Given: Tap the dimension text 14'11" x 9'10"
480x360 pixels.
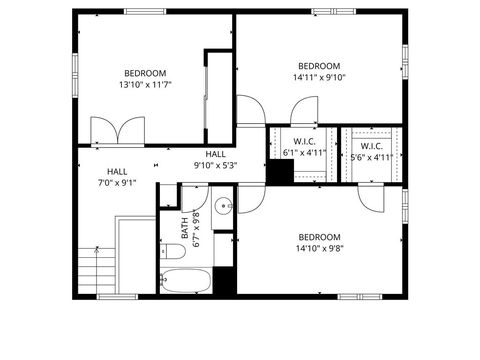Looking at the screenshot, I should (x=319, y=77).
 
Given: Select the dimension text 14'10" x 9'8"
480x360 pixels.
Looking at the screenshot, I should (x=319, y=250).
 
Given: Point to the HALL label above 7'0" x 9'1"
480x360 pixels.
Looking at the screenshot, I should (x=117, y=171).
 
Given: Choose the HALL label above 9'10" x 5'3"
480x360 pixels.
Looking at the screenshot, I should (x=216, y=154).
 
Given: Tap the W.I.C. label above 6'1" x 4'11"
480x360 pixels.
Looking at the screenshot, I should (x=304, y=142).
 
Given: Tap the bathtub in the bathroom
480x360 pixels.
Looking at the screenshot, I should (x=188, y=281).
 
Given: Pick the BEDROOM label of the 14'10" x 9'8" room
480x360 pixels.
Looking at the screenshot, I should (x=319, y=237).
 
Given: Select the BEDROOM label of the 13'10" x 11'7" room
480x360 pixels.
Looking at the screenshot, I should (x=145, y=73).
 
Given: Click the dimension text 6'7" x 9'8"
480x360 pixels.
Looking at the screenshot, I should (x=197, y=228).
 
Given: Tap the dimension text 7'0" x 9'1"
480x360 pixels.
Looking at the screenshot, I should (x=117, y=183).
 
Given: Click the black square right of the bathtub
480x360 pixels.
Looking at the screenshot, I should (x=225, y=281).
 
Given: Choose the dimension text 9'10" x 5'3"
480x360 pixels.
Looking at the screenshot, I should (x=216, y=166).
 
